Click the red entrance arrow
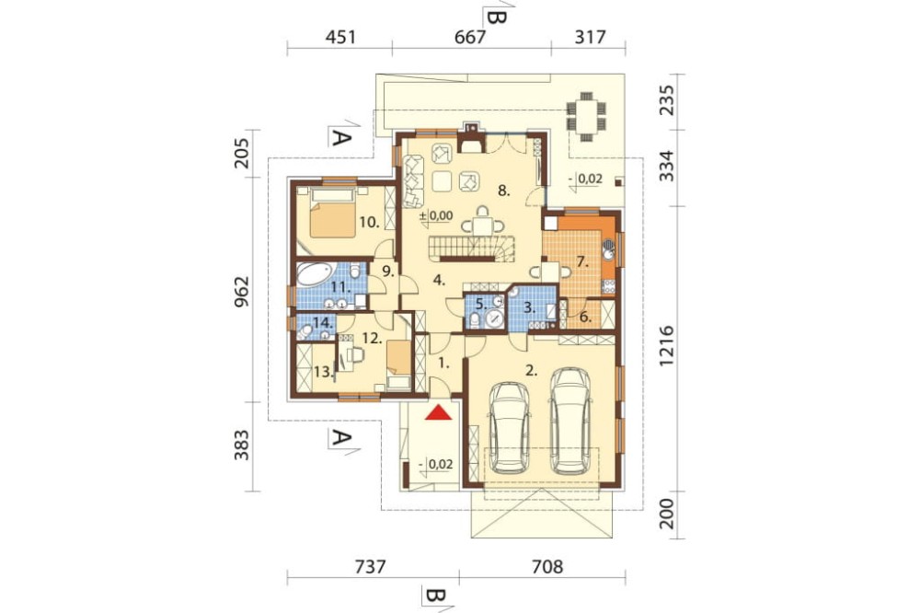click(x=439, y=413)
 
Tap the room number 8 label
click(x=503, y=191)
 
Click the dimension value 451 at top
click(x=340, y=37)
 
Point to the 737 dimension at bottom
click(x=371, y=567)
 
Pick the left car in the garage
click(x=510, y=427)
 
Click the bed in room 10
click(x=333, y=212)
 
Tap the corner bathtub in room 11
click(x=314, y=274)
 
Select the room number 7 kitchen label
click(x=582, y=262)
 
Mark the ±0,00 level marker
click(x=436, y=215)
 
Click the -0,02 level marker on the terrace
click(x=586, y=179)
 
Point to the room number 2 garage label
click(x=532, y=371)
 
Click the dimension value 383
click(x=242, y=445)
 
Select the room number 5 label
click(x=480, y=304)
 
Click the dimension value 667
click(x=470, y=37)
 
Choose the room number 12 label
click(x=373, y=338)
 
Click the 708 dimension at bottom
click(x=546, y=567)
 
